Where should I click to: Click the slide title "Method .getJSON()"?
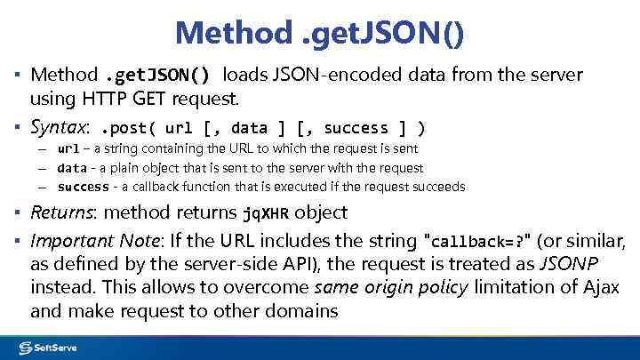319,33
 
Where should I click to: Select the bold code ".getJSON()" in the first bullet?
158,75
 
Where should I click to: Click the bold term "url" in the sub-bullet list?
68,148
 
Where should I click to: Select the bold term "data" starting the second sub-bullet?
72,168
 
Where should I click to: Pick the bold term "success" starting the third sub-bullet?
83,188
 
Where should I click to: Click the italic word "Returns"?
62,213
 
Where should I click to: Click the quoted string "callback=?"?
479,242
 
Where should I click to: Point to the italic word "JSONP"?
570,264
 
